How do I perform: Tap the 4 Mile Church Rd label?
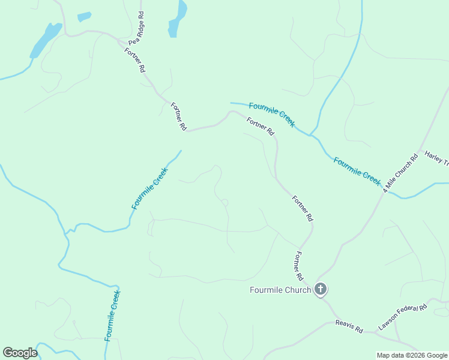pyautogui.click(x=401, y=173)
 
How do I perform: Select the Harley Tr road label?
pyautogui.click(x=436, y=158)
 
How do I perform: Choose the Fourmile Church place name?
pyautogui.click(x=280, y=290)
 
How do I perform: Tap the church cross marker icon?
pyautogui.click(x=321, y=290)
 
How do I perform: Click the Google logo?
pyautogui.click(x=20, y=353)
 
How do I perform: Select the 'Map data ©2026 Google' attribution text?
pyautogui.click(x=412, y=355)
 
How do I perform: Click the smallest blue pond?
pyautogui.click(x=84, y=17)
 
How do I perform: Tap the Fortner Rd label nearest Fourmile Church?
pyautogui.click(x=298, y=267)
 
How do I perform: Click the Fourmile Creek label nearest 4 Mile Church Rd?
pyautogui.click(x=357, y=171)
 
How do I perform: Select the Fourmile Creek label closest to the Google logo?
pyautogui.click(x=112, y=316)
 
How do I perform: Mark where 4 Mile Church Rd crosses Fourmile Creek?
pyautogui.click(x=385, y=191)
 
